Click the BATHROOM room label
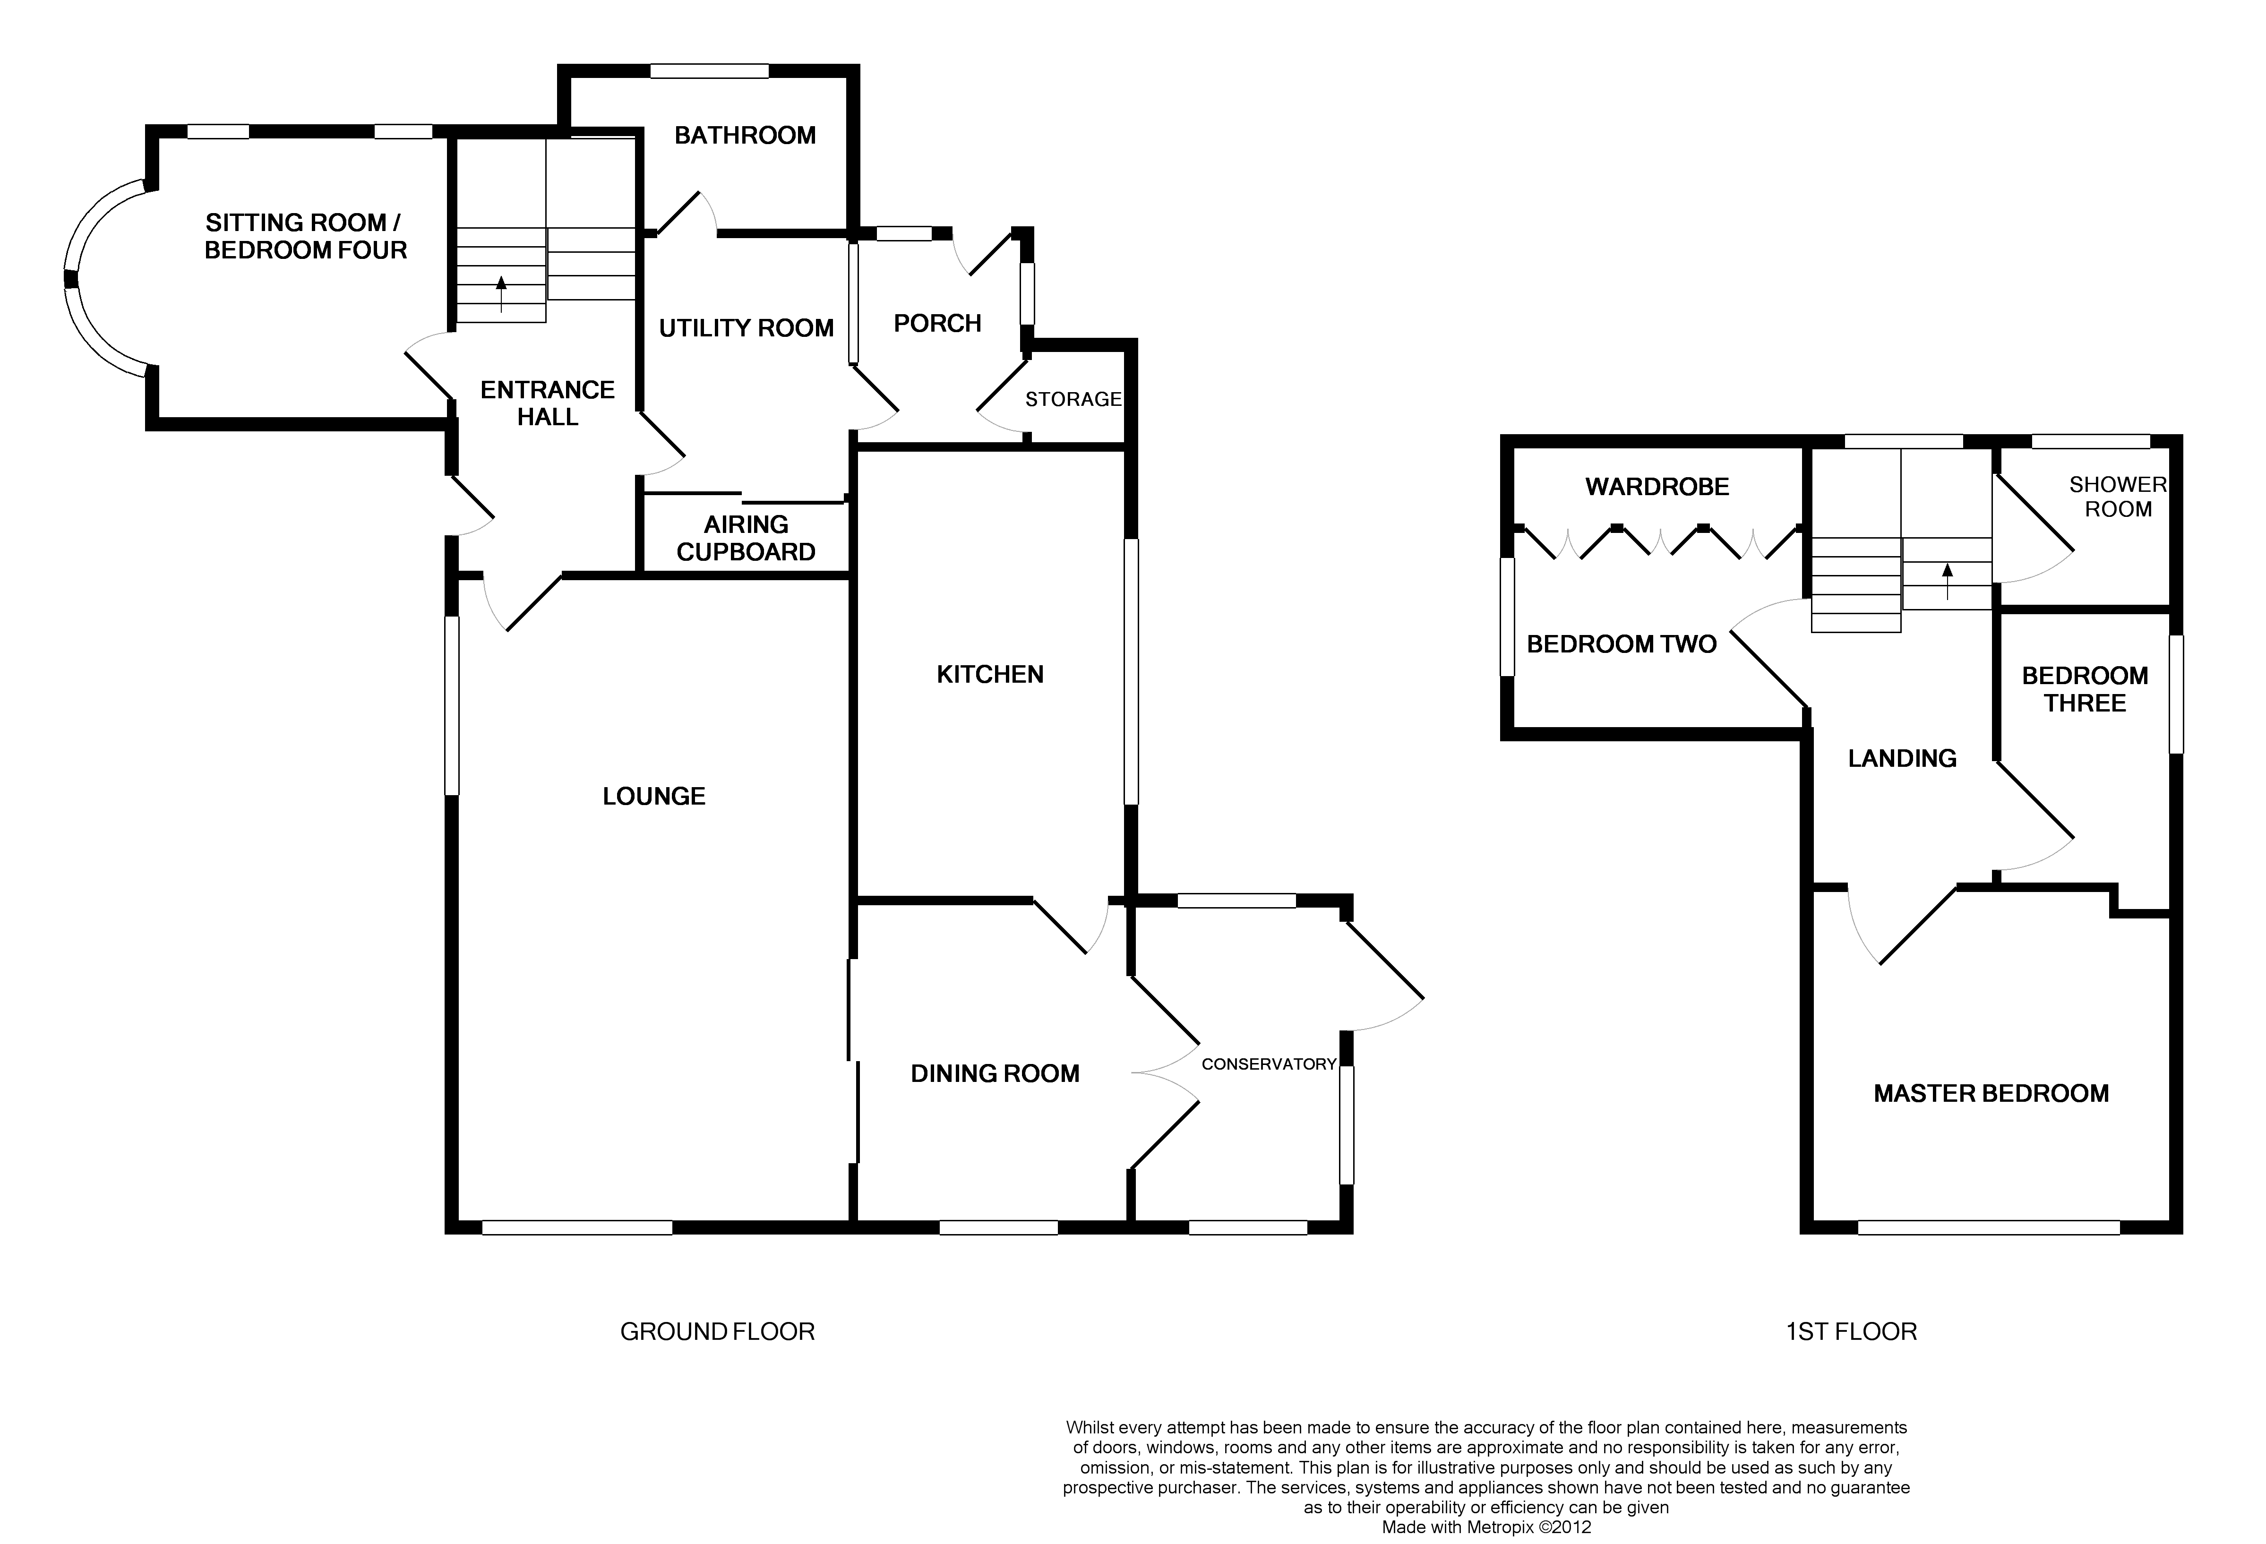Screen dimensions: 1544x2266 (745, 136)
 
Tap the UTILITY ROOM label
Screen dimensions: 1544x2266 (746, 328)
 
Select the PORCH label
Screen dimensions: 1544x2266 (937, 324)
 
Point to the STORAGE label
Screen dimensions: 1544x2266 (1073, 400)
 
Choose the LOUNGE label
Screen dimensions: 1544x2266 (653, 797)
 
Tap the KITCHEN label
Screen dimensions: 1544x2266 (990, 675)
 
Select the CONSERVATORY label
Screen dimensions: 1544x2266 (1268, 1064)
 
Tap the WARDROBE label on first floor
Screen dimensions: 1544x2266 (1657, 487)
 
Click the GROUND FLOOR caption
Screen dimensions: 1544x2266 (717, 1331)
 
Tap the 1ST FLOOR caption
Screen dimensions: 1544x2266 (1851, 1331)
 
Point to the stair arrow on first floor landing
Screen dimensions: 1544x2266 (1947, 581)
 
